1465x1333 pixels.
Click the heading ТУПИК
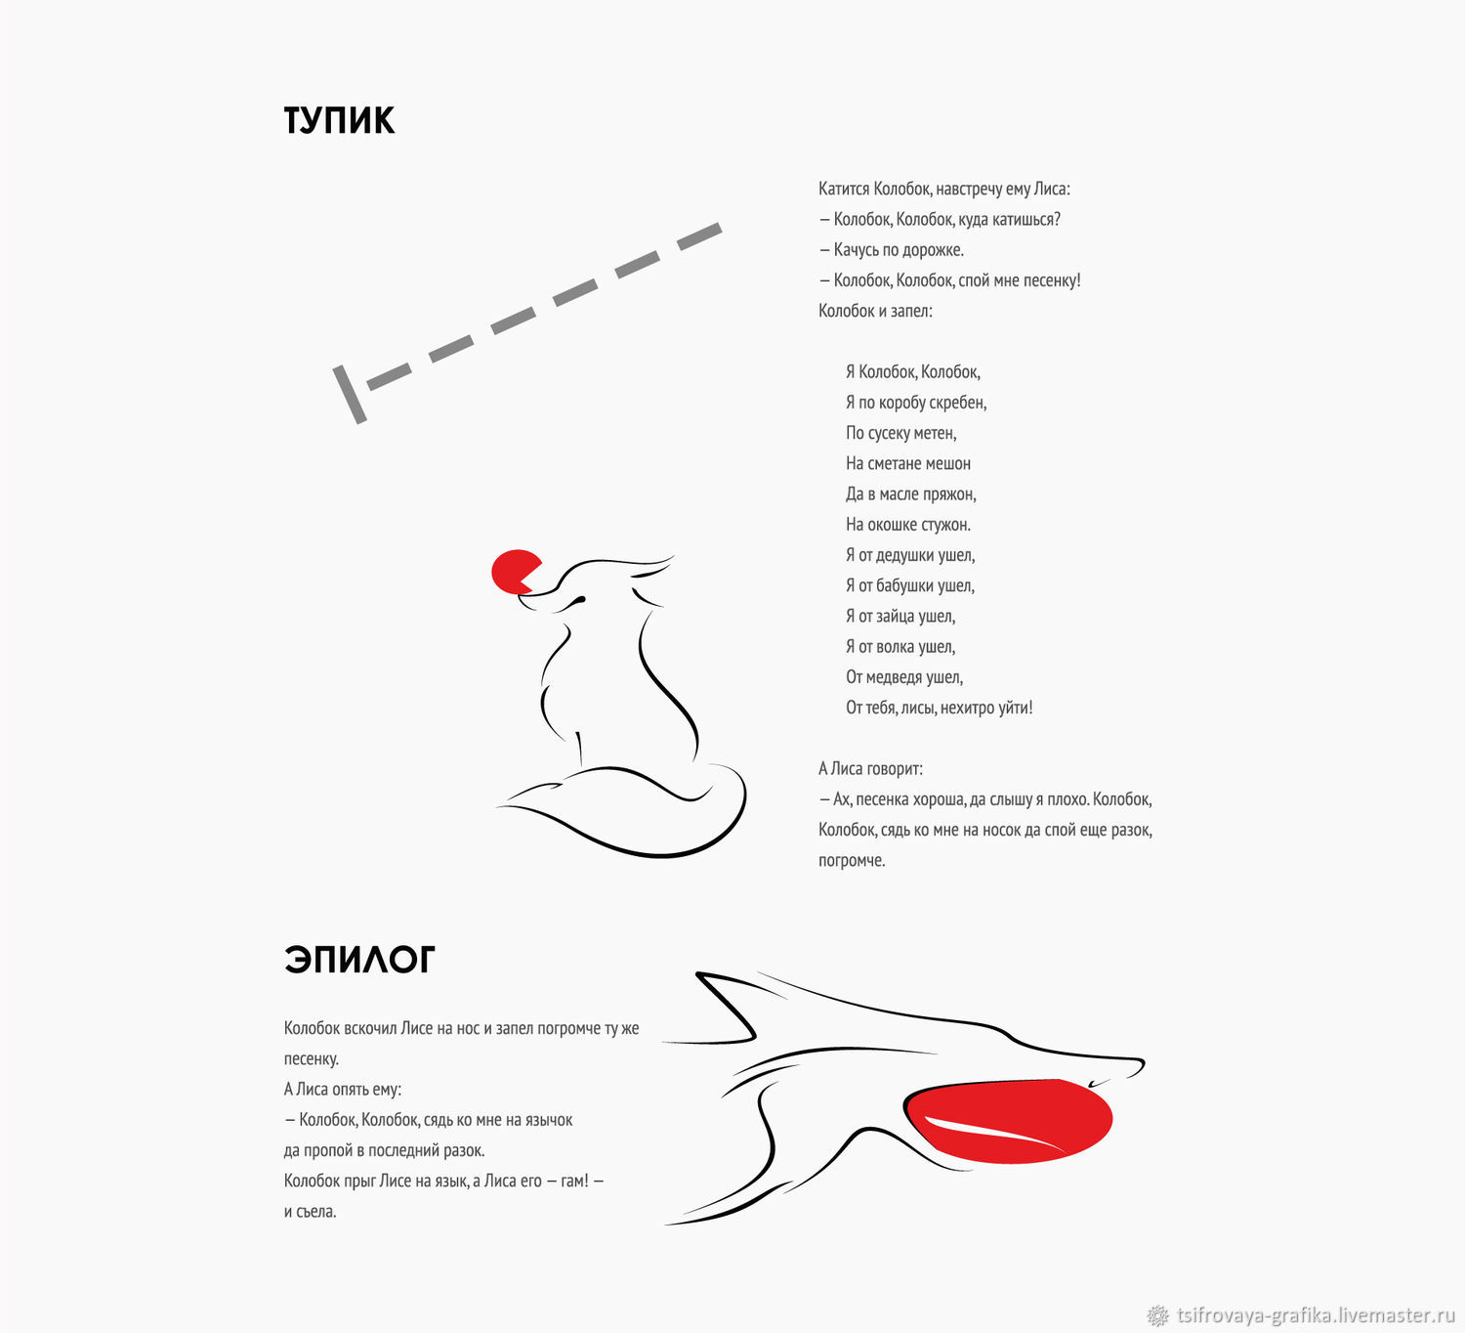pos(339,120)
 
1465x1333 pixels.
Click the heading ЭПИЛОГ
pos(359,960)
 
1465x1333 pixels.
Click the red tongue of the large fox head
pos(1008,1120)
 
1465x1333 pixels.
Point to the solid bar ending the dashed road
pos(350,395)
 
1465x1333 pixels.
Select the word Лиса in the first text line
pos(1051,189)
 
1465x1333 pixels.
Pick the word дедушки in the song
pos(925,555)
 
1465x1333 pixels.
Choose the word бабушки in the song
pos(925,585)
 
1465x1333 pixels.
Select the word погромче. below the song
pos(852,860)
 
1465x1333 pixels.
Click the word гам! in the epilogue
pos(574,1181)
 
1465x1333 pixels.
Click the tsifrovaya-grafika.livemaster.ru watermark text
pos(1316,1315)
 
